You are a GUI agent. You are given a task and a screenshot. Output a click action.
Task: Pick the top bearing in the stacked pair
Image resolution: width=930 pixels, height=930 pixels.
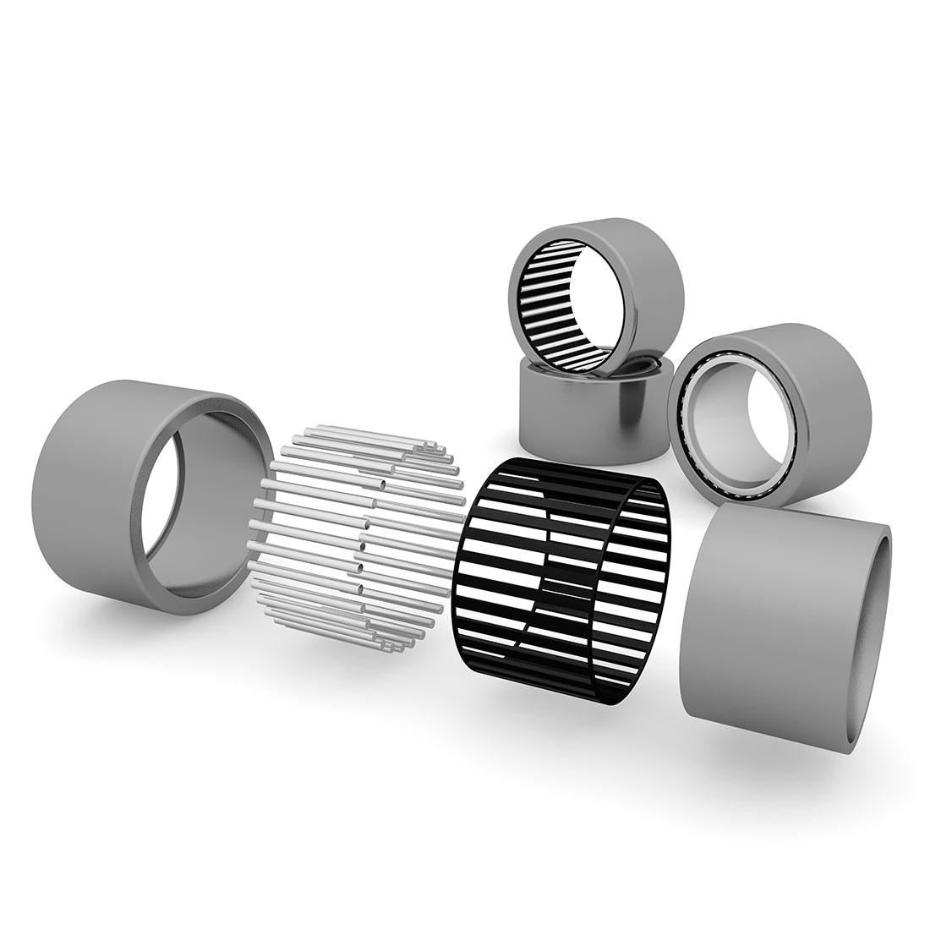pyautogui.click(x=596, y=296)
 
